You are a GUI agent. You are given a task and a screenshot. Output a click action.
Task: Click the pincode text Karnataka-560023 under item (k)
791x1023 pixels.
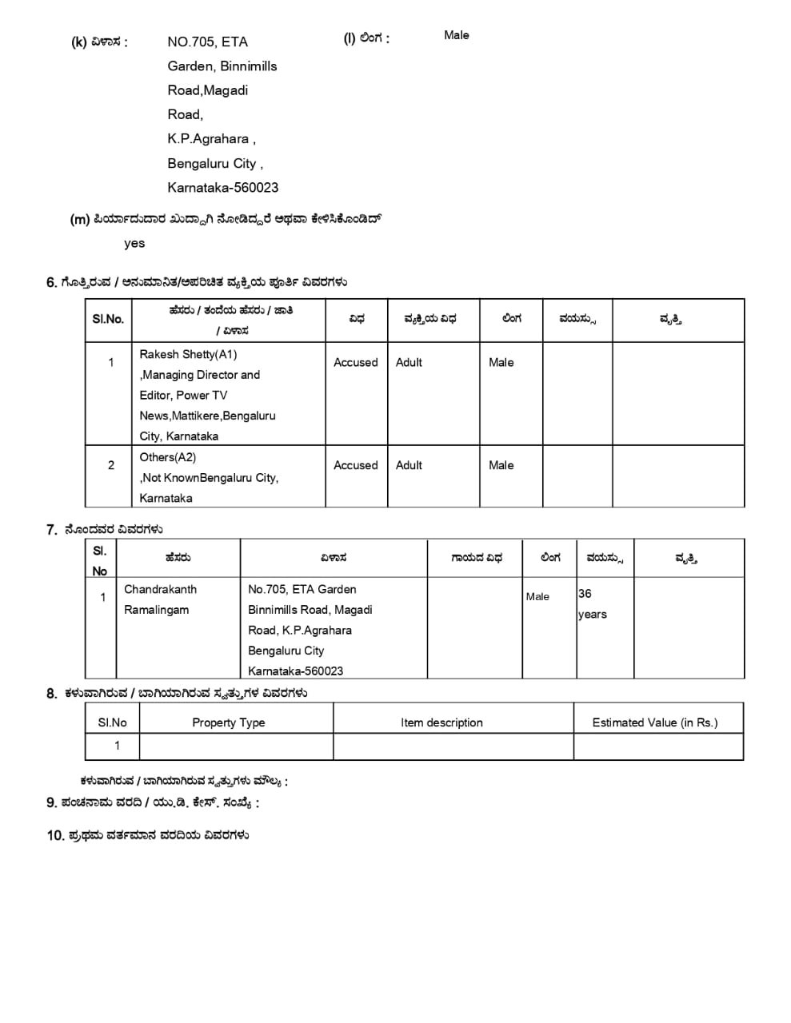point(222,188)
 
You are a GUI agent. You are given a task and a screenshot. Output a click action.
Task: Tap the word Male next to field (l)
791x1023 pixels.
point(457,35)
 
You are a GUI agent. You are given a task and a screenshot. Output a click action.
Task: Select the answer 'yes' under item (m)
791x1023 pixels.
point(134,244)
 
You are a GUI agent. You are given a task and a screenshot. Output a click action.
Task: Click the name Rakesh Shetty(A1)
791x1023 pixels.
point(188,354)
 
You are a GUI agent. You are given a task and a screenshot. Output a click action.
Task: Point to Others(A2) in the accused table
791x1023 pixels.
point(167,457)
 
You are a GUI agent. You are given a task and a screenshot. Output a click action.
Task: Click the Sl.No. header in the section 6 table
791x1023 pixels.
point(108,319)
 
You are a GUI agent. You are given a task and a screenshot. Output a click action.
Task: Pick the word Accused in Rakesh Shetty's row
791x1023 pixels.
point(355,362)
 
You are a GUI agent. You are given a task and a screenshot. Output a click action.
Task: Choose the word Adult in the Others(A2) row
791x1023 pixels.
point(409,465)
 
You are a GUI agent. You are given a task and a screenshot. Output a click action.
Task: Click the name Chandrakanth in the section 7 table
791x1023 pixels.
point(160,589)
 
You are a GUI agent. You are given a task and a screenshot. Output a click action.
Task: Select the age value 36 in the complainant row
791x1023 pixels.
point(585,594)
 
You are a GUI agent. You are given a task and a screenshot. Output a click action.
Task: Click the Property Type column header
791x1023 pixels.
point(228,722)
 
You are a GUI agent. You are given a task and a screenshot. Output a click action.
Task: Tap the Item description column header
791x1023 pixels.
point(441,722)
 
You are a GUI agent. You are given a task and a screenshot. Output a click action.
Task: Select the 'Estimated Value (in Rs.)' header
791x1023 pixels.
point(655,722)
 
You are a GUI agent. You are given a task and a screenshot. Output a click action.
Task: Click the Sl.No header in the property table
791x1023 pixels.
point(112,722)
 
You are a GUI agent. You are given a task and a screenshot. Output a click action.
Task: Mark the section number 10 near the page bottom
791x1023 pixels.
point(54,836)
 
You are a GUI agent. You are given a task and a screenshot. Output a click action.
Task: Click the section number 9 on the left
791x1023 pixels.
point(51,802)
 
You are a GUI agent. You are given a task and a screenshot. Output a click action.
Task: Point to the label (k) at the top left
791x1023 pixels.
point(78,42)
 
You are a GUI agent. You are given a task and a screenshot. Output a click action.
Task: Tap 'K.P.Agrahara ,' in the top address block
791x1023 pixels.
point(211,139)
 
